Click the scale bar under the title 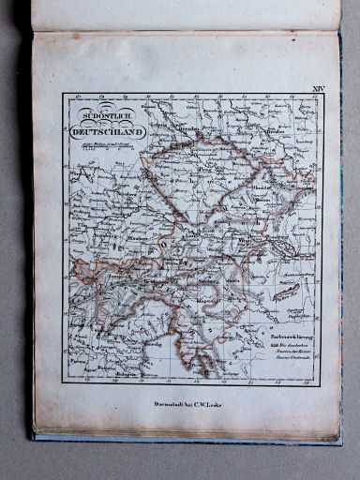(98, 146)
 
